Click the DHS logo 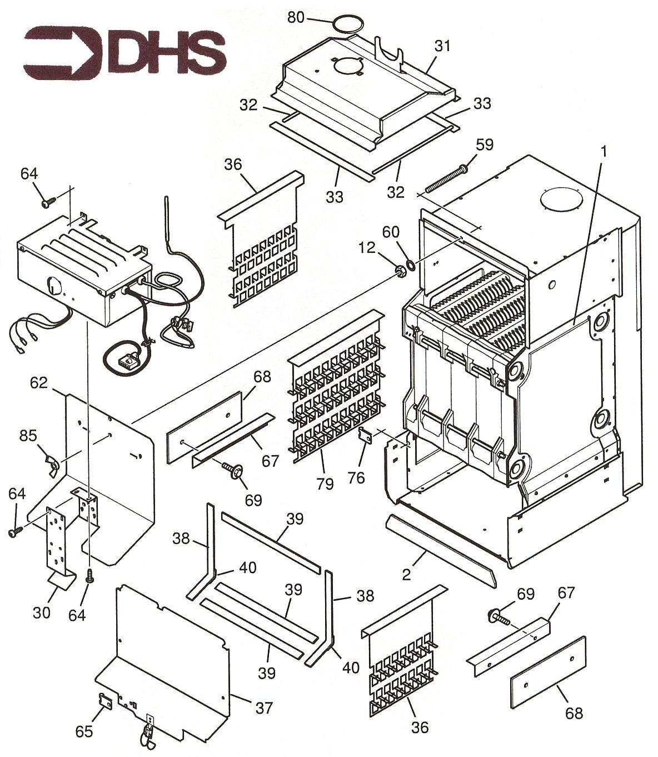[124, 54]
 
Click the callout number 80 [296, 17]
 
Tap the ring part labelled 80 [348, 25]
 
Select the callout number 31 [442, 46]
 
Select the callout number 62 [39, 382]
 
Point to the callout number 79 [325, 484]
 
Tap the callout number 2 [406, 575]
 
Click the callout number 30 [42, 612]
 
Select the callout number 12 [367, 248]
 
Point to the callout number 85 [28, 436]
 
